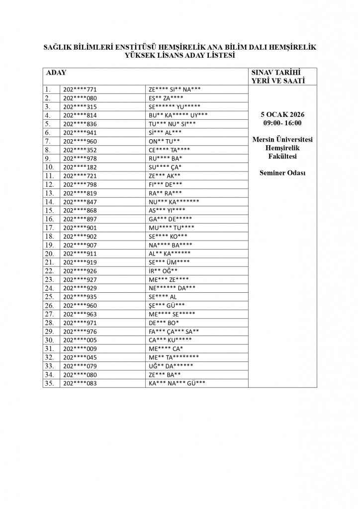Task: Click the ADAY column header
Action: [x=56, y=73]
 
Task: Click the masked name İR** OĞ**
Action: [x=163, y=271]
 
